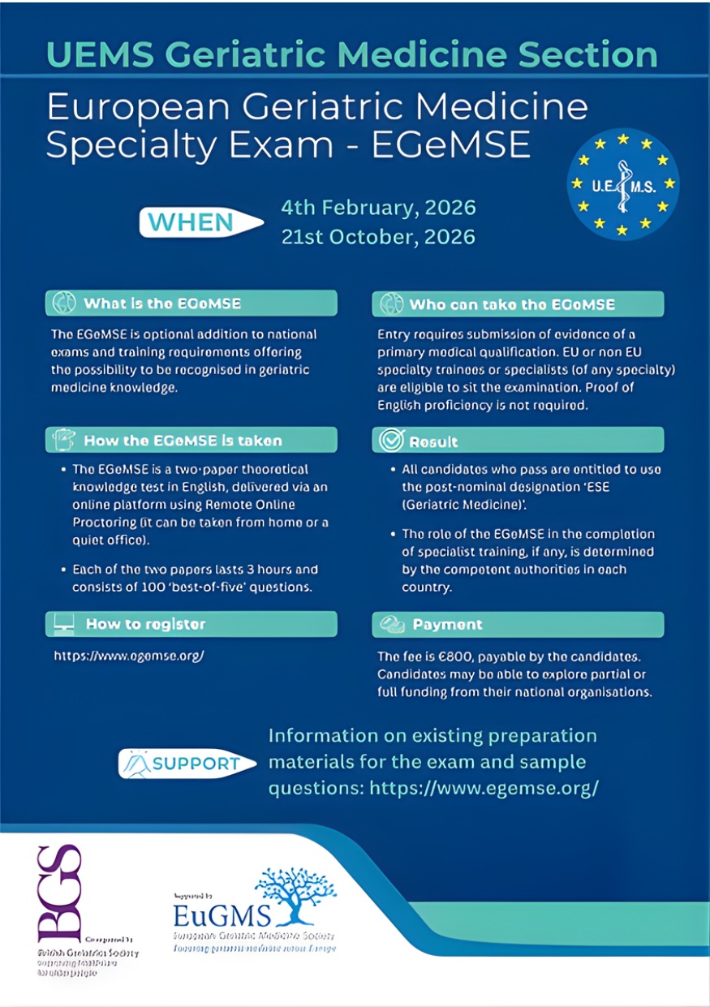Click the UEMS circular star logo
(622, 185)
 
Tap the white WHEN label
(191, 222)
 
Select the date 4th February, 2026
(378, 208)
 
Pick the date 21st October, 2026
(378, 237)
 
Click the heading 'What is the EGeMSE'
(162, 304)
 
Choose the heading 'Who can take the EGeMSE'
(512, 304)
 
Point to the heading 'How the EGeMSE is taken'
(183, 441)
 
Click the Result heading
(433, 441)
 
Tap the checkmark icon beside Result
(390, 441)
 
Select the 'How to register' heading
(145, 624)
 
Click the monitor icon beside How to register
(64, 624)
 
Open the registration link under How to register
(128, 655)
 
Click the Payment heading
(447, 625)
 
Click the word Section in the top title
(591, 54)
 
